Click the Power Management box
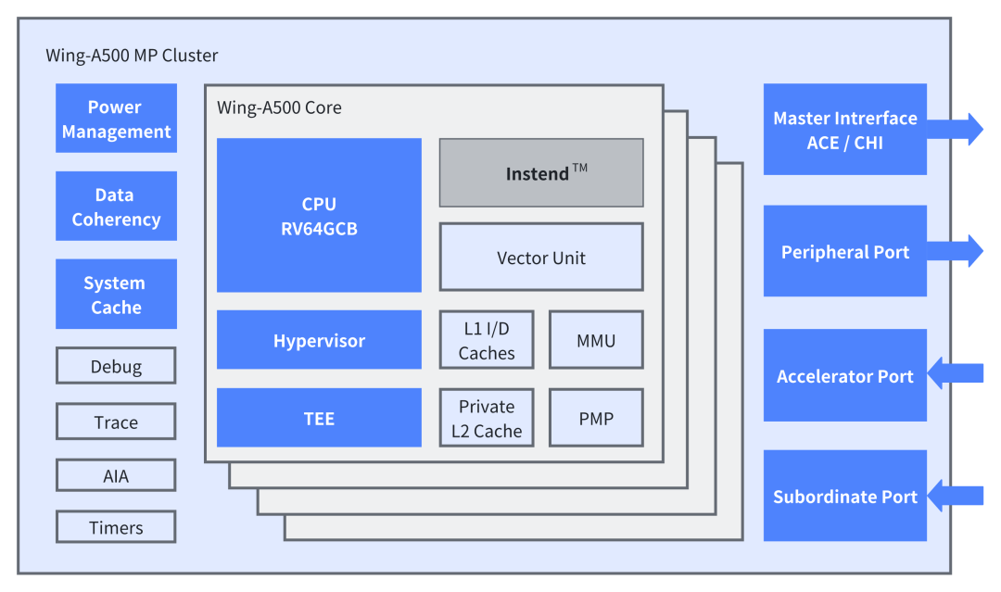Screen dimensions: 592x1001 point(116,119)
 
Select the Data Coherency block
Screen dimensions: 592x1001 point(116,207)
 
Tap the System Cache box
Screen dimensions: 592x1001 point(116,295)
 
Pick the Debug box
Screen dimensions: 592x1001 point(116,366)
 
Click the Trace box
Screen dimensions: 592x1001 point(116,422)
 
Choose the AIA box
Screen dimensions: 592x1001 point(116,476)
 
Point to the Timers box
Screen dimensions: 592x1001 point(116,527)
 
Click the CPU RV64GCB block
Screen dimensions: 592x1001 point(319,216)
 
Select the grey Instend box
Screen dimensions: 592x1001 point(541,173)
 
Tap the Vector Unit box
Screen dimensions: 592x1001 point(541,258)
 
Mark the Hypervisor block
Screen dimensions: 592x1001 point(319,340)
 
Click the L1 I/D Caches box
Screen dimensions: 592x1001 point(487,340)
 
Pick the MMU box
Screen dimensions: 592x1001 point(596,340)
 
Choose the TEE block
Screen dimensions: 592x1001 point(319,418)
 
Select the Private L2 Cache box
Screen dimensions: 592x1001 point(487,418)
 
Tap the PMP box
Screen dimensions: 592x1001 point(596,418)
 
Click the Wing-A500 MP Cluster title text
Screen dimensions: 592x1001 point(132,56)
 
